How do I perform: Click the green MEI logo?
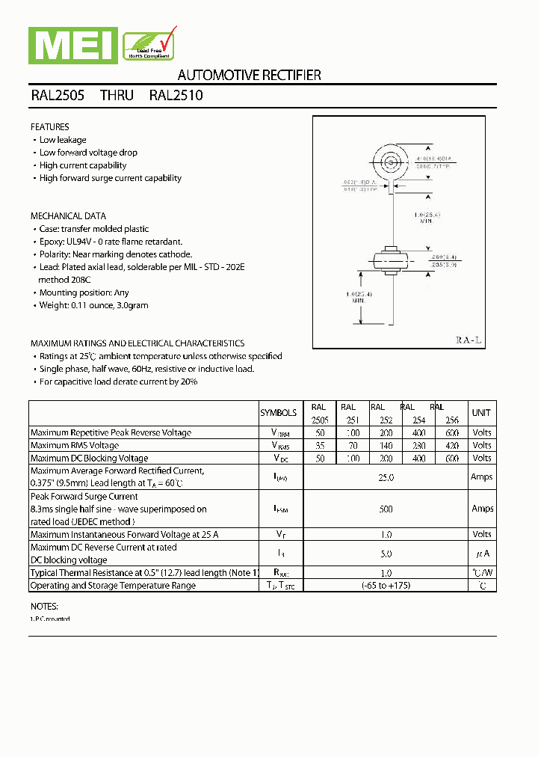pyautogui.click(x=72, y=44)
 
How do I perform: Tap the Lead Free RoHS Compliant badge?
pyautogui.click(x=149, y=43)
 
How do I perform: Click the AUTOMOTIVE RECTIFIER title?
pyautogui.click(x=249, y=75)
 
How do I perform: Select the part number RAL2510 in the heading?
pyautogui.click(x=176, y=96)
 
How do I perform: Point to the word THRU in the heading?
pyautogui.click(x=117, y=96)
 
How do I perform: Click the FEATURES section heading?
pyautogui.click(x=50, y=127)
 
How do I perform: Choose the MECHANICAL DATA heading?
pyautogui.click(x=68, y=216)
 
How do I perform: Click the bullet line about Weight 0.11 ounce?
pyautogui.click(x=93, y=305)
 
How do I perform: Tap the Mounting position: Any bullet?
pyautogui.click(x=84, y=292)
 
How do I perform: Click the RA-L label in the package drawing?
pyautogui.click(x=469, y=340)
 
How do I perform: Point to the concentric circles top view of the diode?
pyautogui.click(x=390, y=161)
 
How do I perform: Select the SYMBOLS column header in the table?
pyautogui.click(x=278, y=413)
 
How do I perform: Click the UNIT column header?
pyautogui.click(x=481, y=413)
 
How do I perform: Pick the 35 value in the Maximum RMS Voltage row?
pyautogui.click(x=320, y=446)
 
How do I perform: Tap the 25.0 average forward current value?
pyautogui.click(x=386, y=476)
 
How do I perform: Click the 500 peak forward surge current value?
pyautogui.click(x=386, y=509)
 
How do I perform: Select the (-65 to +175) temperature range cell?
pyautogui.click(x=386, y=586)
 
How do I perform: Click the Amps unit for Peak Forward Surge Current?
pyautogui.click(x=482, y=509)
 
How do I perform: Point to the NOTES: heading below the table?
pyautogui.click(x=44, y=606)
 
